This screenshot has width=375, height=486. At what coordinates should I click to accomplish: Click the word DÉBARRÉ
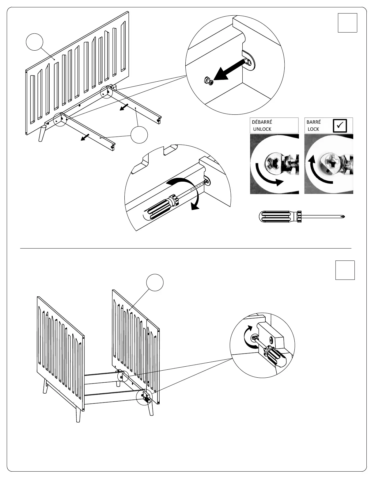coord(262,122)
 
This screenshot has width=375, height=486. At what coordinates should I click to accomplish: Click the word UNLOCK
coord(262,129)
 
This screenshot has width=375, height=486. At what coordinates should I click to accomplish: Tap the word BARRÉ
coord(313,122)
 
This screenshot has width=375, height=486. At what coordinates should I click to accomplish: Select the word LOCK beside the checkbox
coord(313,129)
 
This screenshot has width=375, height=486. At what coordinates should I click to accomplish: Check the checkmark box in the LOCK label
coord(340,125)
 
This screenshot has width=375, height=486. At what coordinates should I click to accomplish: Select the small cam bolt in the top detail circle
coord(208,81)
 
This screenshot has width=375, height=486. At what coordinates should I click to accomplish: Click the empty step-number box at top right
coord(347,23)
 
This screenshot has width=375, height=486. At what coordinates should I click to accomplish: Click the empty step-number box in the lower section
coord(345,270)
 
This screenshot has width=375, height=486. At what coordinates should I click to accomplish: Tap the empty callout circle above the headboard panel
coord(34,42)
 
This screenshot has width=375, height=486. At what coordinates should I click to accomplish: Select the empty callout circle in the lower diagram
coord(154,283)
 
